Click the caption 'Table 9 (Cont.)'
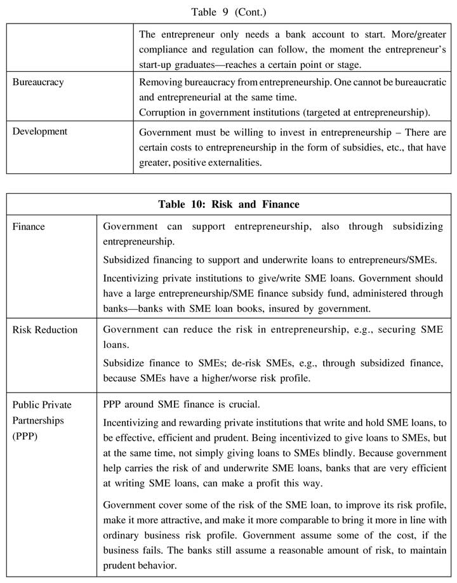[228, 11]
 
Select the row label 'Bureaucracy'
[38, 83]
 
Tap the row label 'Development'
[39, 131]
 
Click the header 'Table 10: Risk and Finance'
[228, 204]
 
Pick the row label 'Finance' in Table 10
[29, 226]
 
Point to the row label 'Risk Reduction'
[45, 330]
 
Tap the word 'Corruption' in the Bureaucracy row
[162, 113]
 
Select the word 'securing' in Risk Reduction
[400, 330]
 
